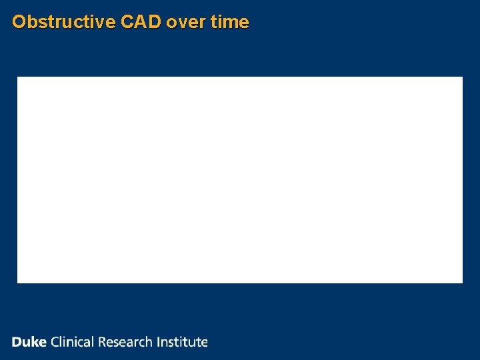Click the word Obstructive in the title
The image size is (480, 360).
coord(64,22)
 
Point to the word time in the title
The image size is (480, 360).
coord(229,22)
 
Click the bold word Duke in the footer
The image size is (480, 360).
coord(29,342)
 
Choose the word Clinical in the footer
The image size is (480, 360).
coord(73,342)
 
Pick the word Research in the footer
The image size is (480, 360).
coord(125,342)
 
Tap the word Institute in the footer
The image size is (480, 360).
coord(182,342)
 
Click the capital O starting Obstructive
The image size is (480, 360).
coord(19,22)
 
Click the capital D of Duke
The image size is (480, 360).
coord(17,342)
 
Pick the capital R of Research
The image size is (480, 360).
coord(103,342)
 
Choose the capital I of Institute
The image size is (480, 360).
coord(159,342)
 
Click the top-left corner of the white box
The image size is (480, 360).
coord(17,77)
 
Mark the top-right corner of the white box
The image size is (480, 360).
coord(462,77)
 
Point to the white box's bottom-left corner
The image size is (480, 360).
coord(17,283)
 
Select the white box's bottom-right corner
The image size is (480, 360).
coord(462,283)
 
